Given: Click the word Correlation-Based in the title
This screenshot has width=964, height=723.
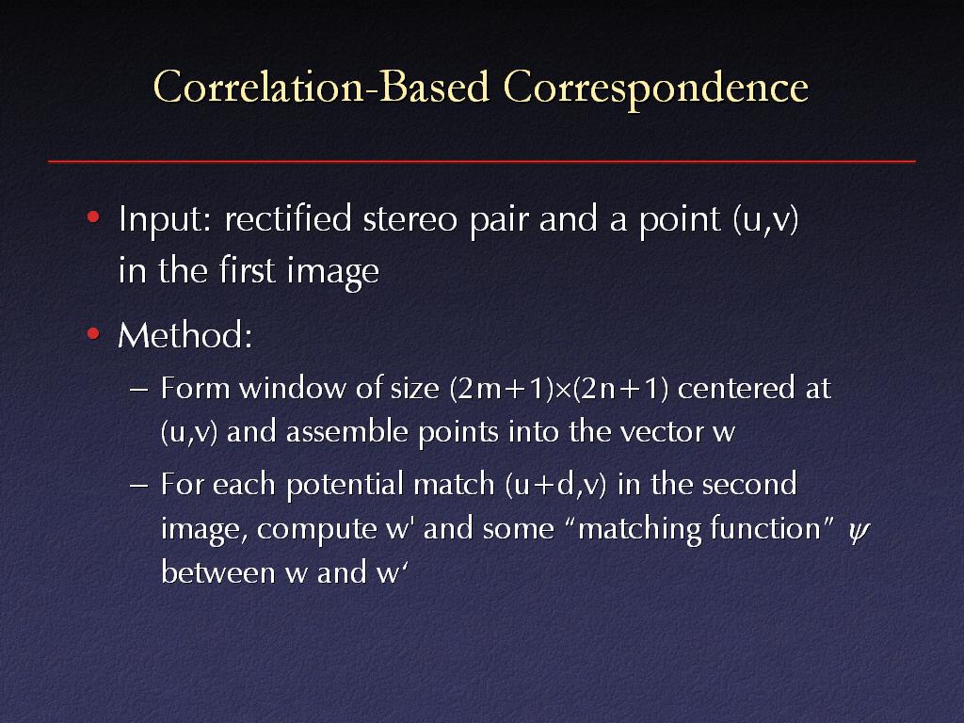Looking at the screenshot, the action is click(x=322, y=88).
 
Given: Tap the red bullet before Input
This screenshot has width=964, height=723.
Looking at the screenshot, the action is click(x=93, y=217).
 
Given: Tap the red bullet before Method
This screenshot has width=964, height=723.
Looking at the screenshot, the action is click(x=93, y=334).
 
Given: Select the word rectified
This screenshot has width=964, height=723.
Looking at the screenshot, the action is click(x=288, y=218).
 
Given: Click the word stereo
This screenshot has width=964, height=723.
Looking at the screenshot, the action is click(x=410, y=219).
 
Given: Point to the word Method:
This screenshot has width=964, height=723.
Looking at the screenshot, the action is click(x=185, y=336).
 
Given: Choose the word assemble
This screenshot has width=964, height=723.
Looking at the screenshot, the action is click(x=347, y=431).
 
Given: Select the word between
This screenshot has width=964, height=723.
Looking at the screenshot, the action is click(x=218, y=571).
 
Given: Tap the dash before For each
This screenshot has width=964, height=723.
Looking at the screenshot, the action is click(x=139, y=486).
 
